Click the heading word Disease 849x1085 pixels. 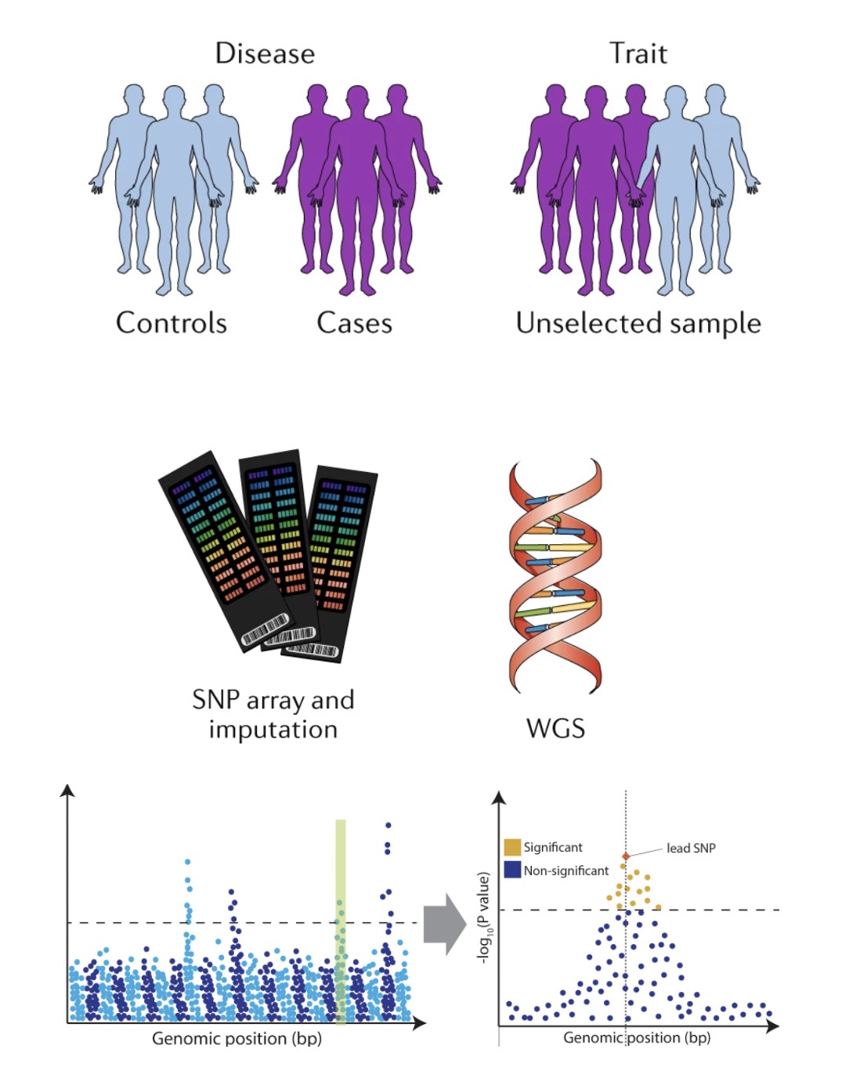(265, 53)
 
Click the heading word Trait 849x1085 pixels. (638, 53)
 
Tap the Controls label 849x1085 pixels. (171, 323)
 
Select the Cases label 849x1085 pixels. (354, 323)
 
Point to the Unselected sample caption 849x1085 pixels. (638, 323)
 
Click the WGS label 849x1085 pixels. (555, 728)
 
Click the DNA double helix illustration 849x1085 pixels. (555, 575)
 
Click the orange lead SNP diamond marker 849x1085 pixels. (625, 856)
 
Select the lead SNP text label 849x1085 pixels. (691, 848)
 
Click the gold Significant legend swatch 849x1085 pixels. (512, 847)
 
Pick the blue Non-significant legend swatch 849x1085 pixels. (512, 870)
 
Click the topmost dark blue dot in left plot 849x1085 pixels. (388, 825)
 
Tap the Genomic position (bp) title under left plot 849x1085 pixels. (237, 1039)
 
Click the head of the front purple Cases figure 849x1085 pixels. (357, 99)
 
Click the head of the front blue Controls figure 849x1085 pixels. (174, 99)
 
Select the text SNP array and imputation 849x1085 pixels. (273, 713)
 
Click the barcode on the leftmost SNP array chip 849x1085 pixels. (266, 630)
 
